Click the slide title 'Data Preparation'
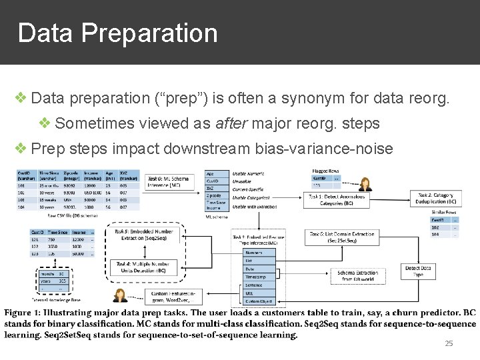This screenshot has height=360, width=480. (117, 33)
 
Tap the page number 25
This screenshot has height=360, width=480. (449, 343)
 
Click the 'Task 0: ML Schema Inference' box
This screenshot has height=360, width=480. (168, 182)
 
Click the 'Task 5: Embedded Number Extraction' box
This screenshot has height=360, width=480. (144, 235)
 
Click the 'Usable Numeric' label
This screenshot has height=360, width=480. (248, 173)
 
